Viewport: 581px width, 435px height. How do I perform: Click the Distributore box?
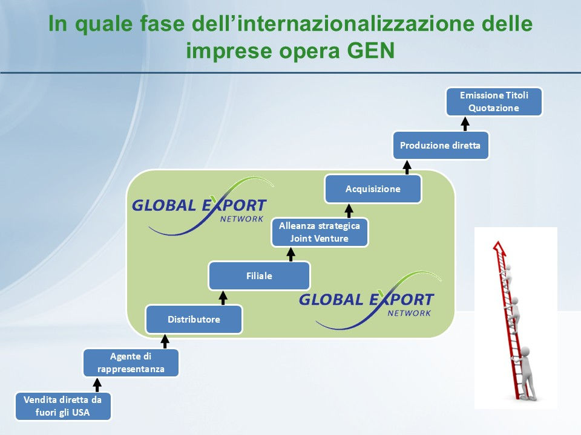pyautogui.click(x=194, y=319)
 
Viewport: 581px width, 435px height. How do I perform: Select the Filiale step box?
pyautogui.click(x=259, y=275)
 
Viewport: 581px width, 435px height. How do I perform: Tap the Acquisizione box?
pyautogui.click(x=373, y=189)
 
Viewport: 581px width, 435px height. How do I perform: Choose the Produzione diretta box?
pyautogui.click(x=440, y=145)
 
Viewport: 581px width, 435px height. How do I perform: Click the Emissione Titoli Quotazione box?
pyautogui.click(x=494, y=101)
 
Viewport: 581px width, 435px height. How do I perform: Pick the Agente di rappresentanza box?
pyautogui.click(x=131, y=362)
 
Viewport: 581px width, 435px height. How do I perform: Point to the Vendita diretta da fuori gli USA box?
pyautogui.click(x=62, y=406)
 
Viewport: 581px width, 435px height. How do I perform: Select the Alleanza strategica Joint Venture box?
pyautogui.click(x=319, y=232)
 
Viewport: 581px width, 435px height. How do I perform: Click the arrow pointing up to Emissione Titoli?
pyautogui.click(x=465, y=123)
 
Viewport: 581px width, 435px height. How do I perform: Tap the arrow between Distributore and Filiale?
pyautogui.click(x=223, y=297)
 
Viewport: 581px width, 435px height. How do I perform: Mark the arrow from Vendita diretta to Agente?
pyautogui.click(x=97, y=384)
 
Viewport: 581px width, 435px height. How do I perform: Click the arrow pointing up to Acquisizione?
pyautogui.click(x=349, y=210)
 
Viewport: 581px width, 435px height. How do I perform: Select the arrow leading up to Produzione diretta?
pyautogui.click(x=407, y=166)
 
